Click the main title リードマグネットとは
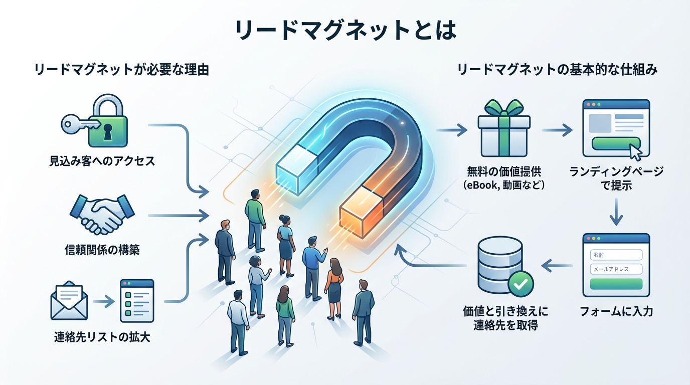click(x=345, y=30)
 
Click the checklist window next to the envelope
click(x=136, y=301)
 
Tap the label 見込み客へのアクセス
click(x=102, y=161)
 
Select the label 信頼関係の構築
click(x=102, y=250)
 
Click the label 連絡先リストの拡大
click(x=102, y=337)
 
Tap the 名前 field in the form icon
click(x=616, y=255)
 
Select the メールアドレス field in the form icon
click(x=616, y=269)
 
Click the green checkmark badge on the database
click(x=521, y=284)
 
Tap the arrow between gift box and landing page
click(x=557, y=131)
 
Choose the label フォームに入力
click(x=616, y=311)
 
